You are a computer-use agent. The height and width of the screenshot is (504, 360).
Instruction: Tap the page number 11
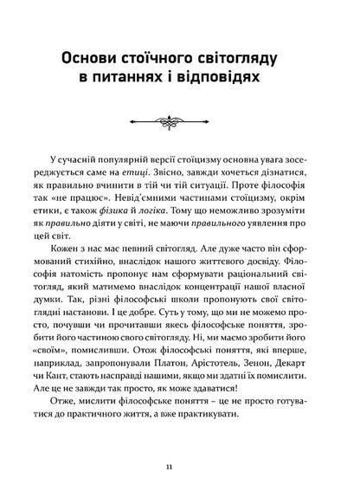(180, 467)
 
